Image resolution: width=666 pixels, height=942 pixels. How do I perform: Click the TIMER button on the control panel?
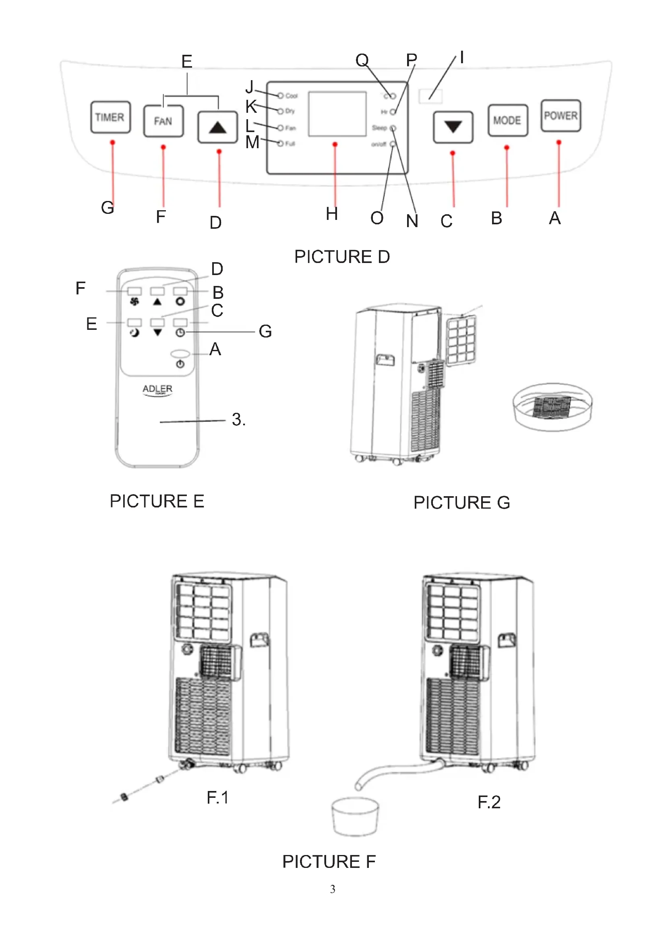point(110,117)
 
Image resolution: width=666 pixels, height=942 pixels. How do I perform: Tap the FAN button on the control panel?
point(163,121)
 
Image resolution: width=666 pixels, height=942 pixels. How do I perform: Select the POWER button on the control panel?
point(560,116)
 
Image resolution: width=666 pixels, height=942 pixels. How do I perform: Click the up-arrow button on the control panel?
point(217,127)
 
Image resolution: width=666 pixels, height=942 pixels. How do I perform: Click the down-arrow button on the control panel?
point(453,127)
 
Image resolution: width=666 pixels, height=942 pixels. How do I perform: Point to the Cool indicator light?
point(281,95)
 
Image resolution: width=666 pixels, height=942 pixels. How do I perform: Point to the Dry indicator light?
point(281,111)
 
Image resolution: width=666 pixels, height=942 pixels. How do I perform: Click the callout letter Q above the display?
point(362,60)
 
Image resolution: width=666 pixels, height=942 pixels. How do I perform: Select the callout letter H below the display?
point(332,214)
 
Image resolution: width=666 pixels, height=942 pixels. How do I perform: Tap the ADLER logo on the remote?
point(157,389)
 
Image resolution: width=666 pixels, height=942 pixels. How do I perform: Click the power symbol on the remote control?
point(180,364)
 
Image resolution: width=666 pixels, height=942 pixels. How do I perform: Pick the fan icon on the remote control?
point(134,302)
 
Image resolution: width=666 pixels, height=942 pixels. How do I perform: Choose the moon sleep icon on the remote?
point(134,333)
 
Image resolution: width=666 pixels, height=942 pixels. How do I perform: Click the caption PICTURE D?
point(341,257)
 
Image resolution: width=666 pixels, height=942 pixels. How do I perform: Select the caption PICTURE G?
point(461,503)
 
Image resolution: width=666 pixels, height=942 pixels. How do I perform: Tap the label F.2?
point(489,802)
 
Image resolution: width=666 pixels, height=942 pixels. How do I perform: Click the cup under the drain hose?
point(355,816)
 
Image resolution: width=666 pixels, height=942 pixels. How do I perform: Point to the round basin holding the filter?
point(552,407)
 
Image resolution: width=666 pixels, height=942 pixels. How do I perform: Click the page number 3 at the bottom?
point(333,889)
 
